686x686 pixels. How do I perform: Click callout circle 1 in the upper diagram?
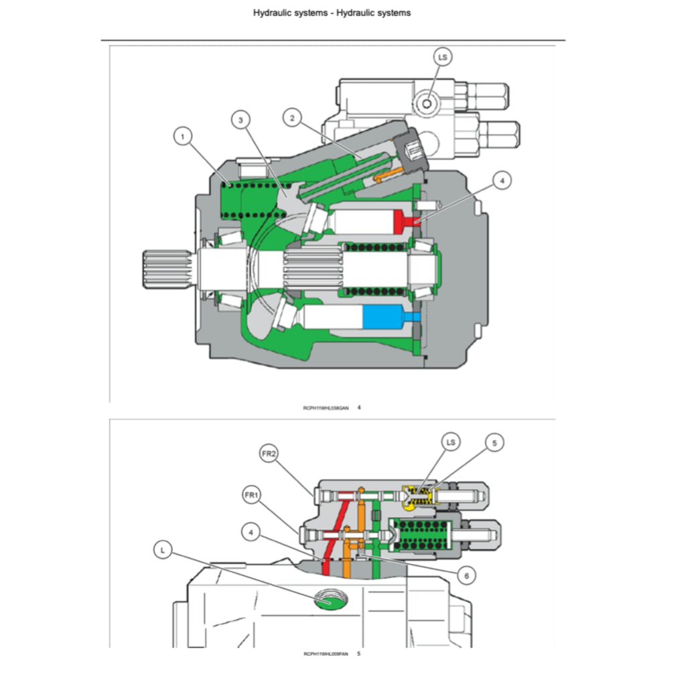click(182, 137)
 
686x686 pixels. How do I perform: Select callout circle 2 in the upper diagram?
click(291, 118)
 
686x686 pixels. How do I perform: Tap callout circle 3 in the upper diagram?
click(241, 120)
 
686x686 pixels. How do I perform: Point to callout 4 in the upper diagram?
click(501, 180)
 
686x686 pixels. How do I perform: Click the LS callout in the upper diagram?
click(442, 58)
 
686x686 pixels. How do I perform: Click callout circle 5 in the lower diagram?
click(494, 443)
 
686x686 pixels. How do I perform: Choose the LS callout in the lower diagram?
click(451, 442)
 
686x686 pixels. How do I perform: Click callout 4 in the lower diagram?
click(251, 533)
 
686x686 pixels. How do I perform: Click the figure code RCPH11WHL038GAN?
click(326, 407)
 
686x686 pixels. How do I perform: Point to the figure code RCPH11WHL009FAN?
click(326, 654)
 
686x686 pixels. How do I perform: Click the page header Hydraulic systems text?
click(332, 13)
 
